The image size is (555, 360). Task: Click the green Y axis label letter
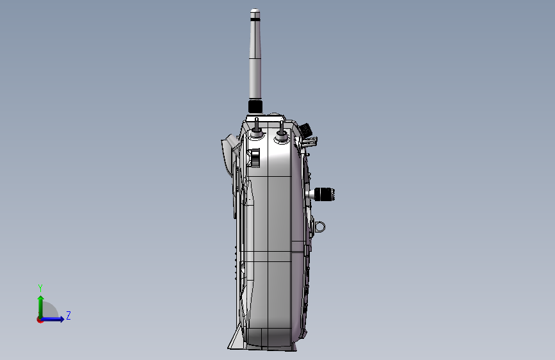point(40,288)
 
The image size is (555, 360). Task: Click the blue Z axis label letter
point(68,315)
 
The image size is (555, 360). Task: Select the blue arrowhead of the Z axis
point(61,319)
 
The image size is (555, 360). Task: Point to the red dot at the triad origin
point(40,320)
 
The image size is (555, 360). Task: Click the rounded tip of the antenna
point(255,11)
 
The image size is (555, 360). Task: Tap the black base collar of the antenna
point(255,106)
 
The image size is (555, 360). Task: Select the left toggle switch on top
point(257,129)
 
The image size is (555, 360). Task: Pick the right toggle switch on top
point(282,132)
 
